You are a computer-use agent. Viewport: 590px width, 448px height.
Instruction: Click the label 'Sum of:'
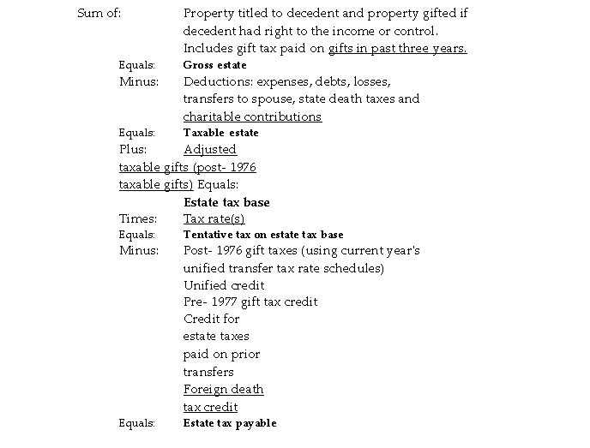point(99,14)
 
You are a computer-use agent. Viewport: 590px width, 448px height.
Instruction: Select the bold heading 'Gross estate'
point(214,65)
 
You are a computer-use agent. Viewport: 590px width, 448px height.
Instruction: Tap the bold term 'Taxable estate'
point(220,133)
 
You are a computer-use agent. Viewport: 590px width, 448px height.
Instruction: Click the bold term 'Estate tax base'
point(226,202)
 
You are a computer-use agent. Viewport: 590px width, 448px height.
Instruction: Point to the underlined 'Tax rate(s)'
point(214,218)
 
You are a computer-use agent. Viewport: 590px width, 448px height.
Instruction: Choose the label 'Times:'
point(137,218)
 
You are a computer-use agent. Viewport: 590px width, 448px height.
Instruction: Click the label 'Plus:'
point(134,149)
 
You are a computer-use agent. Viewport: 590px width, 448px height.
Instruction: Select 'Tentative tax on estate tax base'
point(263,234)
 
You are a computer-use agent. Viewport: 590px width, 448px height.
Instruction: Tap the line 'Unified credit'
point(224,284)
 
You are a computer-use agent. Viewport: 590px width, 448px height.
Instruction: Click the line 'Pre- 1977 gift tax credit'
point(250,302)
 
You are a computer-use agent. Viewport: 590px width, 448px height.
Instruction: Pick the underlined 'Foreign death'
point(223,389)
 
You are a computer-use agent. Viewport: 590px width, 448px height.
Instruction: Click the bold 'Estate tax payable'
point(230,423)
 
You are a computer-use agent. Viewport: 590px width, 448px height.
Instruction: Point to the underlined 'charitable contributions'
point(252,116)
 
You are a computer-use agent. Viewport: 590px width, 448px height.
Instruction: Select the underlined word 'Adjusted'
point(209,149)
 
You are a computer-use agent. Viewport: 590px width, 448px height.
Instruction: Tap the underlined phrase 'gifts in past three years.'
point(397,48)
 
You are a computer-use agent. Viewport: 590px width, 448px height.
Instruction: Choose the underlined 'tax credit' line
point(210,407)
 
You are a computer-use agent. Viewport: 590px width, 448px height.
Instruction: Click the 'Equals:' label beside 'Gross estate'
point(136,65)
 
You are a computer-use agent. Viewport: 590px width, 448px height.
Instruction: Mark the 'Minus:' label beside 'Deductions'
point(138,82)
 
